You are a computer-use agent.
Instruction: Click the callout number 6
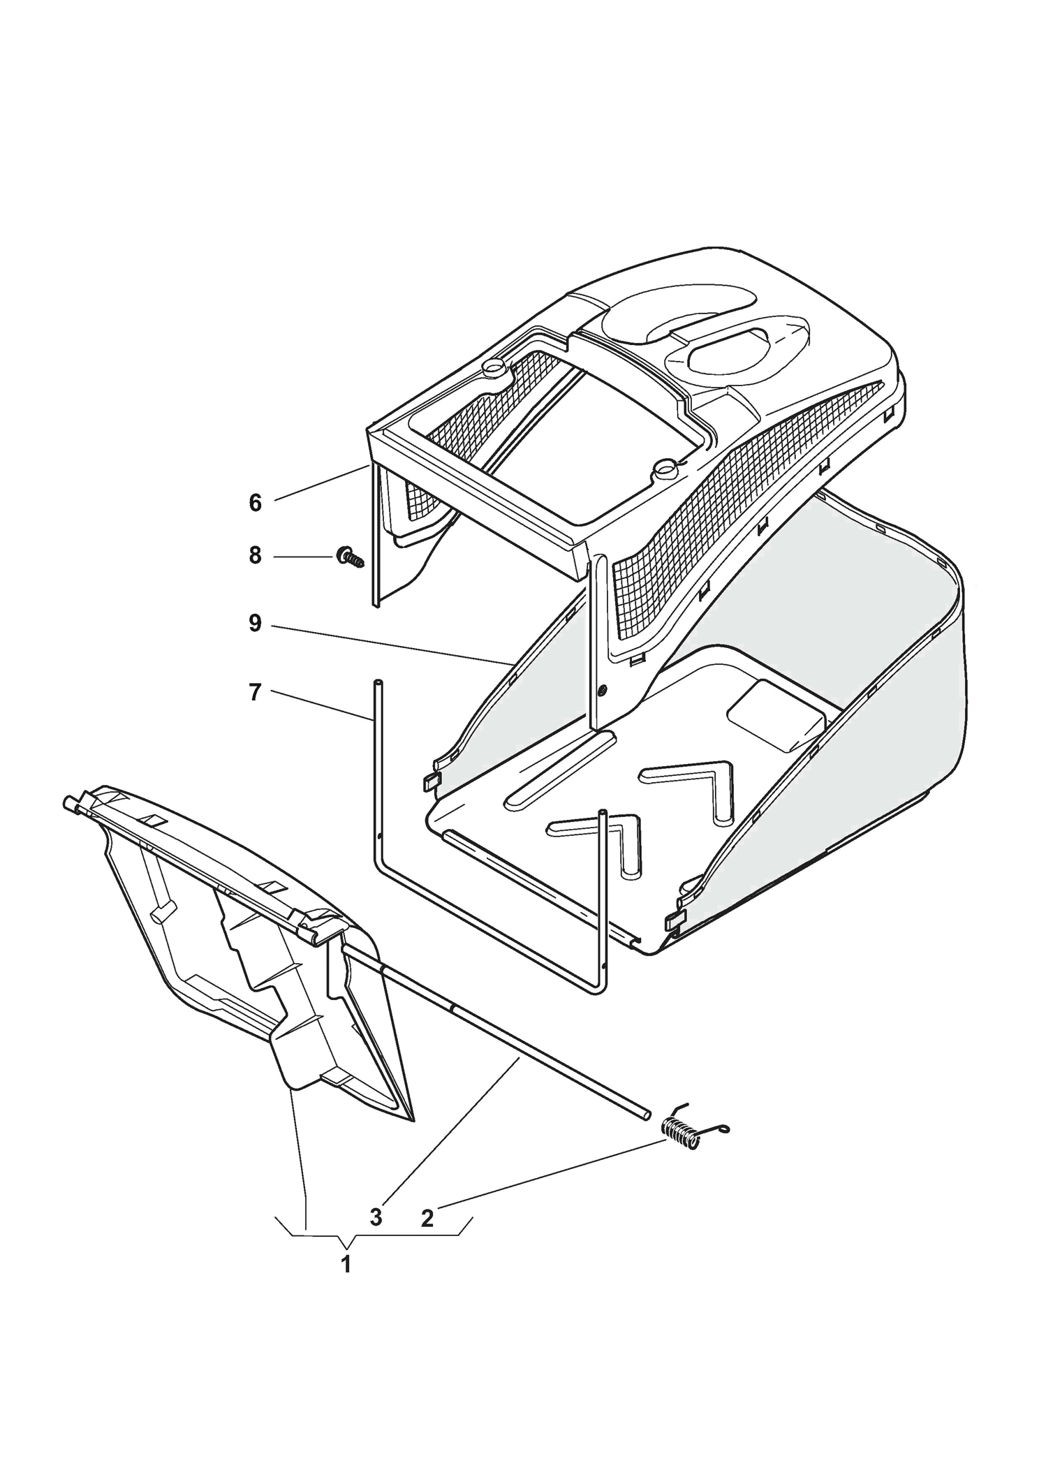pos(255,503)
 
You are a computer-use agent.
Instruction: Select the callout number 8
pos(255,556)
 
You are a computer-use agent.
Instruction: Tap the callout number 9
pos(255,624)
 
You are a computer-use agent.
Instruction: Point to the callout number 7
pos(255,693)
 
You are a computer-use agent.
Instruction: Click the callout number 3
pos(376,1217)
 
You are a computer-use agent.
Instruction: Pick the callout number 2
pos(427,1218)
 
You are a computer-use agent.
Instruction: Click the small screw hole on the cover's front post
pos(603,691)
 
